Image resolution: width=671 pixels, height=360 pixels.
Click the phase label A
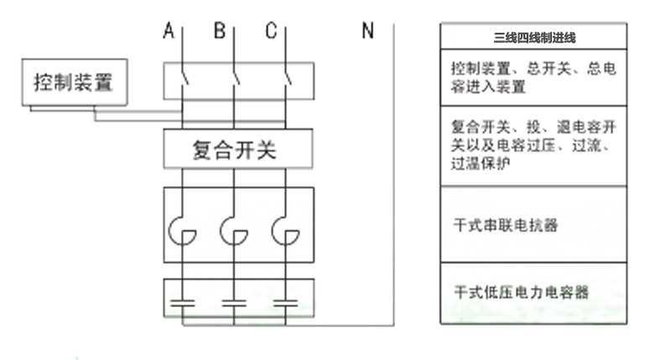coord(169,32)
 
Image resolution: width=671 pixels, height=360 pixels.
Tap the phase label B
coord(220,32)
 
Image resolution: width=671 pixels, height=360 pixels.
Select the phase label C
coord(271,32)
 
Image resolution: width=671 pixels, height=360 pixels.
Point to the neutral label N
coord(367,32)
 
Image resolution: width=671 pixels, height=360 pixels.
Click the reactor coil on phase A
coord(183,230)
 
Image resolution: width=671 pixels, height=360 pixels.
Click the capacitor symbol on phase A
coord(182,300)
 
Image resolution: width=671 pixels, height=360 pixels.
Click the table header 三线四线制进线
coord(534,38)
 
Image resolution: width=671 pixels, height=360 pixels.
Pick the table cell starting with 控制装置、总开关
coord(534,77)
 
